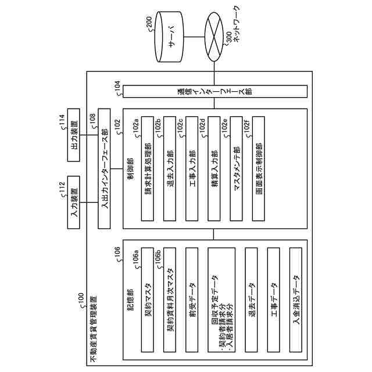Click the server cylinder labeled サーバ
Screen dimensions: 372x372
point(169,37)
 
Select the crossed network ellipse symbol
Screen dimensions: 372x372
point(214,37)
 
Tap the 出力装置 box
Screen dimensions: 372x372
point(74,135)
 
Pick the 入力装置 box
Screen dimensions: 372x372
point(74,202)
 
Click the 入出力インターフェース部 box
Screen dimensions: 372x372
point(104,169)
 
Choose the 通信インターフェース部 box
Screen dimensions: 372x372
point(215,91)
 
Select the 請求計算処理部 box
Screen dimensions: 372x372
point(148,169)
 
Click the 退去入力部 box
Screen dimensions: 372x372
point(170,169)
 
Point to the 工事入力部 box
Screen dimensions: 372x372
point(192,169)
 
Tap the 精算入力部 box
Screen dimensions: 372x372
point(214,169)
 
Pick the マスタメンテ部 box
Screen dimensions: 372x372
point(237,169)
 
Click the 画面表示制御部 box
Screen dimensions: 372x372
point(259,169)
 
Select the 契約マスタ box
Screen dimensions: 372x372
point(148,300)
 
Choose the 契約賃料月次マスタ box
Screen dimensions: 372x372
point(170,300)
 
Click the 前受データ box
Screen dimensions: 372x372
point(192,300)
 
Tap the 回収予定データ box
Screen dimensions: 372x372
point(221,300)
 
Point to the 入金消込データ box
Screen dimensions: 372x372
point(296,300)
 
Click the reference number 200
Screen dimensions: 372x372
point(149,22)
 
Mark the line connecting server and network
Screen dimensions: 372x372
point(194,37)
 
